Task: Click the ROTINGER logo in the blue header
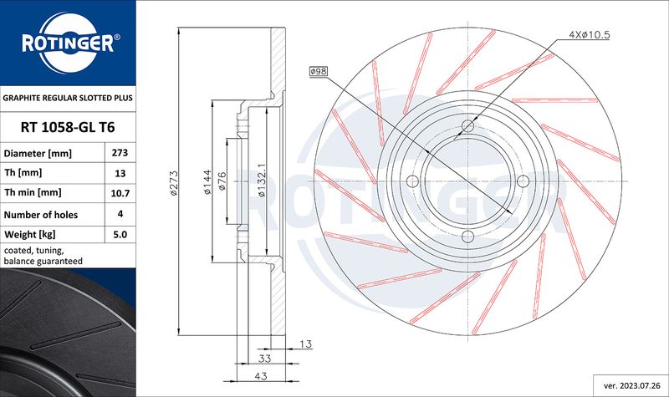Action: (x=69, y=43)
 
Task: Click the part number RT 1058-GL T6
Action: (x=68, y=127)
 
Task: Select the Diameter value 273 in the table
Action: (x=120, y=153)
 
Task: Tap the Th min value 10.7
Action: (x=120, y=193)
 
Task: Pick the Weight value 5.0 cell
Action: (x=120, y=234)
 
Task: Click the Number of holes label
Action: (x=41, y=215)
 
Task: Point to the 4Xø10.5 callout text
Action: (x=590, y=34)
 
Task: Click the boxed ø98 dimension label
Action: (x=319, y=71)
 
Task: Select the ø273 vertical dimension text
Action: (x=174, y=183)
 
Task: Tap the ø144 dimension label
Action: (x=207, y=182)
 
